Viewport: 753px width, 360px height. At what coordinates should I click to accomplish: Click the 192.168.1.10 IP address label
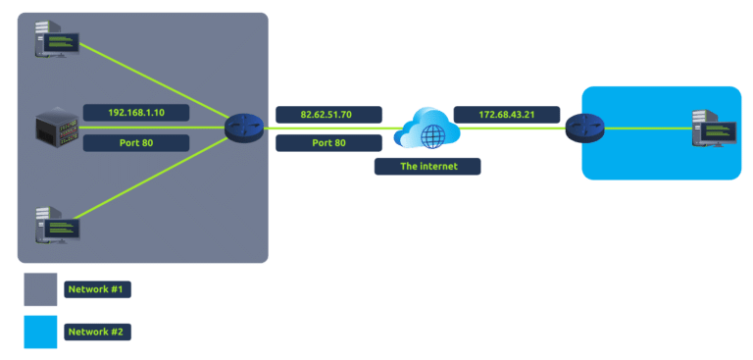click(135, 113)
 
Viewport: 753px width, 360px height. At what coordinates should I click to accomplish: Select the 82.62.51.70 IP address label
click(328, 115)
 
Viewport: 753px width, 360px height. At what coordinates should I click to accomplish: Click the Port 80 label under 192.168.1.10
click(135, 143)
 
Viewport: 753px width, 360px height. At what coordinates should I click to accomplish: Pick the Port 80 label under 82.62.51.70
click(328, 143)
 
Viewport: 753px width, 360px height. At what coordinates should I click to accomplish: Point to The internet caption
click(427, 166)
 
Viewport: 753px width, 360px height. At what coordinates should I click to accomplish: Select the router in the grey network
click(244, 128)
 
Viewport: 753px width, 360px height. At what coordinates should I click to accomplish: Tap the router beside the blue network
click(584, 128)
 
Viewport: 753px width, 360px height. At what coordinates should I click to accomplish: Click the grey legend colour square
click(40, 289)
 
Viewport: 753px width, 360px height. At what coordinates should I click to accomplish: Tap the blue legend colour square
click(40, 332)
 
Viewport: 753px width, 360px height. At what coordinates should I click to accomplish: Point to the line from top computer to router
click(157, 84)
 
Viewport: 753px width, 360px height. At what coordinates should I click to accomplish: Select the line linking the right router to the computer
click(647, 129)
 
